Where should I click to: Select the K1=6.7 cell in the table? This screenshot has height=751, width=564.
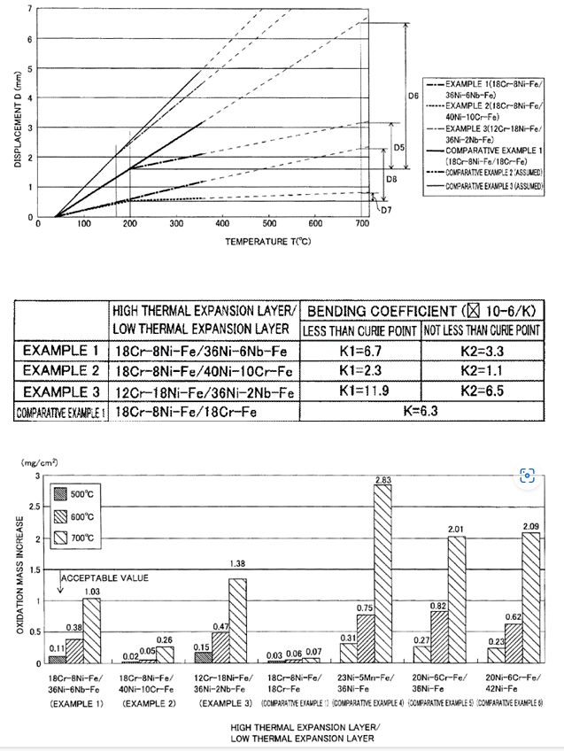pos(360,350)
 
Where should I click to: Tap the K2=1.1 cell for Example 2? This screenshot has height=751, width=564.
pos(480,371)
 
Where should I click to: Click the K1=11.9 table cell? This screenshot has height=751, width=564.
pos(360,392)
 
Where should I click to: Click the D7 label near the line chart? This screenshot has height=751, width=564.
pos(385,209)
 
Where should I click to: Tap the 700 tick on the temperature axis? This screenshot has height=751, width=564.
pos(362,225)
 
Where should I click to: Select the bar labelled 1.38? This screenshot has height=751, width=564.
pos(237,621)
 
